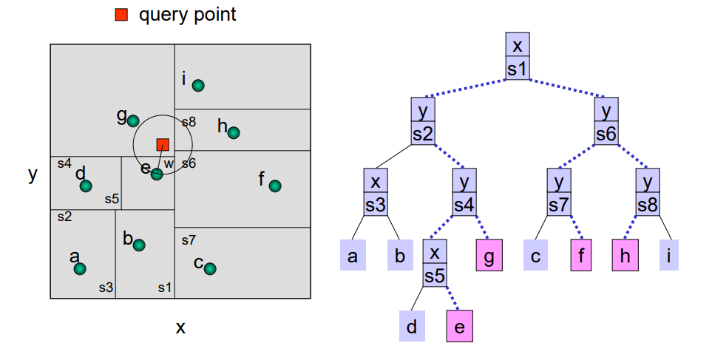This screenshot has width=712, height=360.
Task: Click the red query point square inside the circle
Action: click(163, 144)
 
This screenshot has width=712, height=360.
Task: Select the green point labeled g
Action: click(133, 120)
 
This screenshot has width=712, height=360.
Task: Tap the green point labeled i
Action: click(198, 86)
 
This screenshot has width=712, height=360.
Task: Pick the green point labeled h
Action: click(234, 133)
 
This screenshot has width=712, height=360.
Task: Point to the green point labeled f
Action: click(275, 186)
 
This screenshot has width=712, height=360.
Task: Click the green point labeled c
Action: click(210, 268)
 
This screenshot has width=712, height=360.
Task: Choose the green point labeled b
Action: click(139, 245)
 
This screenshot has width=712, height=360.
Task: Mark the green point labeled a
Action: click(80, 268)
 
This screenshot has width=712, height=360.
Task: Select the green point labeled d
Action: click(86, 186)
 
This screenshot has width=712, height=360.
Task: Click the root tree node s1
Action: click(518, 57)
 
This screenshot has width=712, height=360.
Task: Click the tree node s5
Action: click(435, 264)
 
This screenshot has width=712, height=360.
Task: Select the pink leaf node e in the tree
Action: click(458, 326)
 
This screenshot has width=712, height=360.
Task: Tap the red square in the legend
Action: click(121, 14)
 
